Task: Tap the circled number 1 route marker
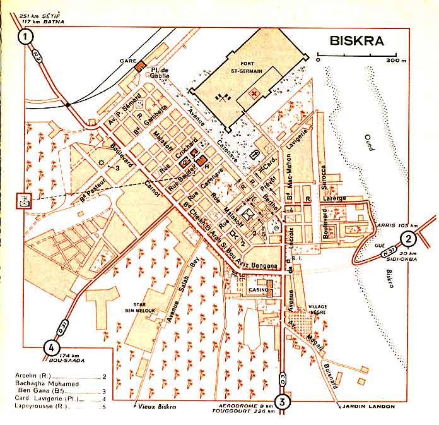point(26,37)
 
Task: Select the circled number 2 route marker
point(409,239)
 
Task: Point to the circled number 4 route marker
point(51,347)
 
